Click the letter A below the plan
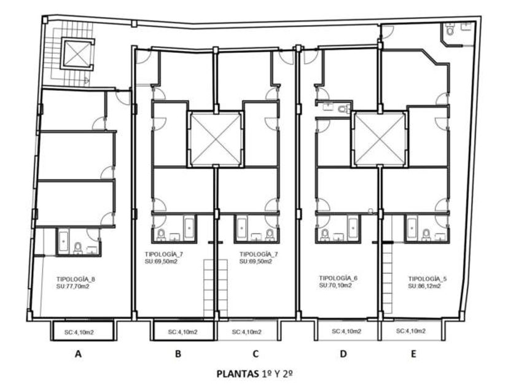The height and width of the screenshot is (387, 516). click(x=78, y=354)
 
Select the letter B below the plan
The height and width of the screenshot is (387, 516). click(x=178, y=354)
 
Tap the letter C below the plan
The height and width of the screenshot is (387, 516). click(x=256, y=354)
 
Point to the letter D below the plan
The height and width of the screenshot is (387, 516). click(x=343, y=354)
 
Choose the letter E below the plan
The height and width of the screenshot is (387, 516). click(x=413, y=354)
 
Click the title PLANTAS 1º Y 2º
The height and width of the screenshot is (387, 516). click(x=255, y=374)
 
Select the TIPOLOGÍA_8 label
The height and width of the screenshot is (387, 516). click(x=76, y=279)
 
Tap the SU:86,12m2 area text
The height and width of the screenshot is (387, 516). click(x=424, y=286)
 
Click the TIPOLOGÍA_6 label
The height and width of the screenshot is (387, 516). click(x=338, y=278)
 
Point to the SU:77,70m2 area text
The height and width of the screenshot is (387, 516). click(x=72, y=287)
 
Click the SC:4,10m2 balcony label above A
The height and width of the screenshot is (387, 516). click(x=79, y=332)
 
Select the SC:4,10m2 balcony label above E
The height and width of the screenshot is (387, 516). click(x=411, y=330)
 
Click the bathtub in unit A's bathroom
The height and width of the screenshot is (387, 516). click(x=63, y=241)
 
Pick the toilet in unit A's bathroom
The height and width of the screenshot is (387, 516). click(x=78, y=248)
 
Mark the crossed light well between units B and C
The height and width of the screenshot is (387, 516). click(x=216, y=139)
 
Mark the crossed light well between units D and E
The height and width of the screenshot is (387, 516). click(x=380, y=139)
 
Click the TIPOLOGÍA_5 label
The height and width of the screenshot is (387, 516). click(x=428, y=279)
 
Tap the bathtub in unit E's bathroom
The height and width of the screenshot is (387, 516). click(x=412, y=228)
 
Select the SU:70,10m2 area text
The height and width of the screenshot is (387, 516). click(x=335, y=285)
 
